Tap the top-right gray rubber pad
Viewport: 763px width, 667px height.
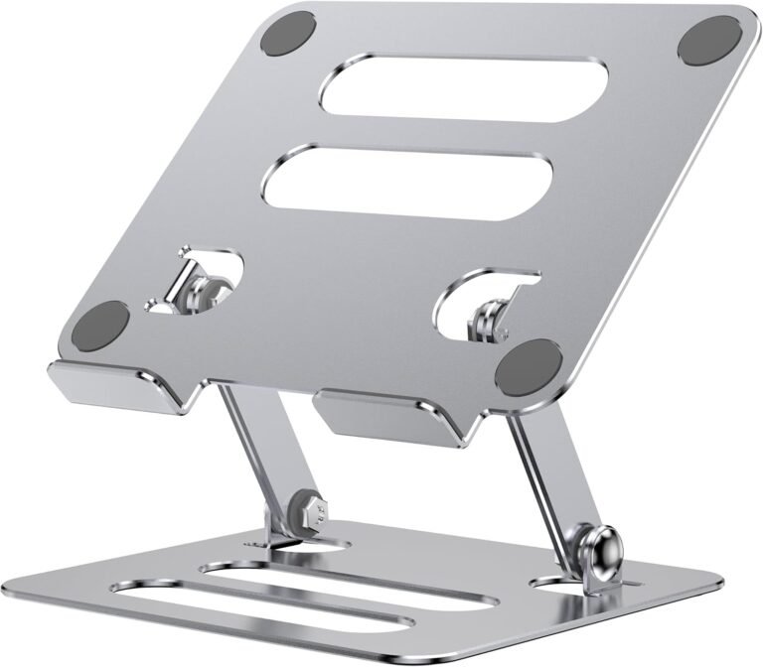(x=709, y=41)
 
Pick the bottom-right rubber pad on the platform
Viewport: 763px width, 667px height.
(x=529, y=364)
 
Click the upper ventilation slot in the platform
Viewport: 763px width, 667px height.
(x=463, y=88)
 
